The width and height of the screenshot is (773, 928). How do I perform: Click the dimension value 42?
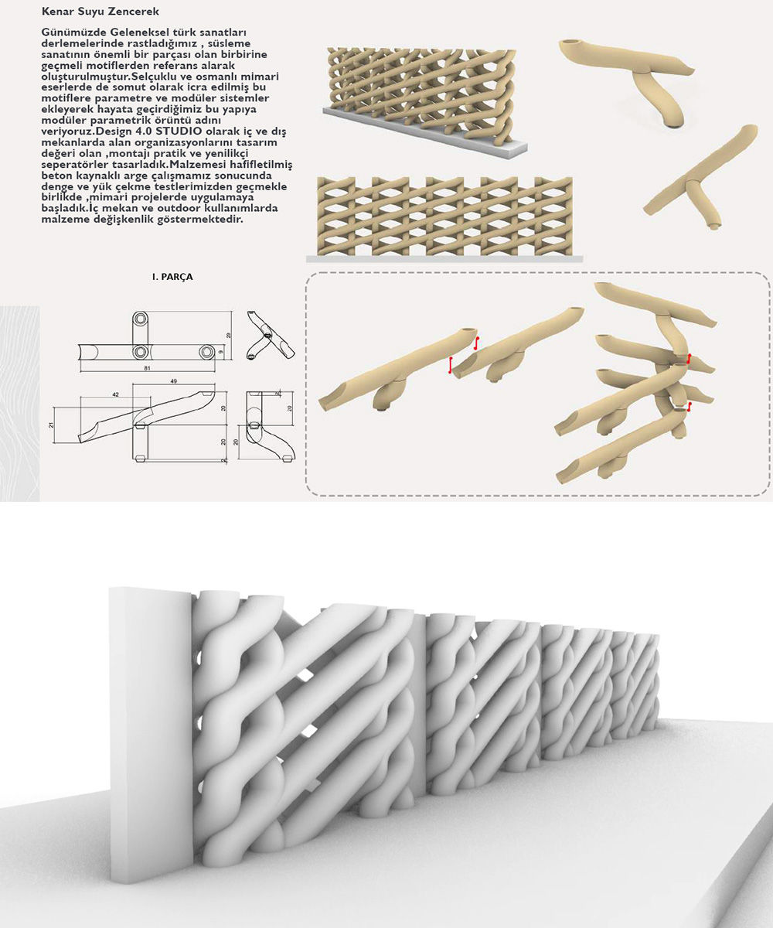pos(114,394)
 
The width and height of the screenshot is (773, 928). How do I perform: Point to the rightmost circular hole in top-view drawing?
pos(207,352)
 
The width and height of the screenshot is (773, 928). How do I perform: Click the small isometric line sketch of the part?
pos(270,336)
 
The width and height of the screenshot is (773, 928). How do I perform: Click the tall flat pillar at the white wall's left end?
pos(148,735)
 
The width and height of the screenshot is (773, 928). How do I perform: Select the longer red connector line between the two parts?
pos(450,366)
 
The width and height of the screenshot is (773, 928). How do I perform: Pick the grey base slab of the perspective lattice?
pos(433,139)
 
